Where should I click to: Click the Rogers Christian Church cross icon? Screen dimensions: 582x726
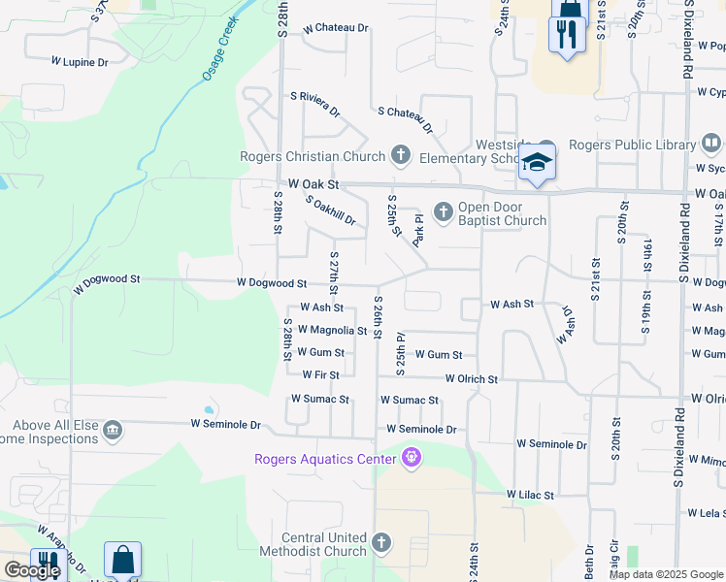tap(400, 155)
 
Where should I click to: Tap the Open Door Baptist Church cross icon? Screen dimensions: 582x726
tap(443, 211)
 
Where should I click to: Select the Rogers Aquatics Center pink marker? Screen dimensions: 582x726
tap(412, 456)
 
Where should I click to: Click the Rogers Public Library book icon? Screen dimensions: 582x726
tap(711, 144)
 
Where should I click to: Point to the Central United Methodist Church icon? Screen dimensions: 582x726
tap(381, 542)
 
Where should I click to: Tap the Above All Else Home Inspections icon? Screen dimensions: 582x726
tap(113, 430)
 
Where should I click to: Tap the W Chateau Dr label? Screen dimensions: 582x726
tap(336, 29)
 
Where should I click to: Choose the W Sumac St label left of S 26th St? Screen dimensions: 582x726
tap(319, 399)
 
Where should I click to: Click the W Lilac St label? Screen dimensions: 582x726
tap(529, 495)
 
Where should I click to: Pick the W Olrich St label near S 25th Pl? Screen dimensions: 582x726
tap(471, 379)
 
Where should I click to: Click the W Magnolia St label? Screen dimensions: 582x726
tap(332, 331)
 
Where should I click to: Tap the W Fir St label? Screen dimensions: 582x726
tap(320, 374)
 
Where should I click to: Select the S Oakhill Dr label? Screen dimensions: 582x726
tap(331, 211)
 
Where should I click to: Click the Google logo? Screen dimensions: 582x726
tap(32, 570)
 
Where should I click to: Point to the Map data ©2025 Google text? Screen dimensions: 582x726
tap(665, 574)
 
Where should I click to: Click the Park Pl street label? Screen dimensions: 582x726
tap(419, 231)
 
